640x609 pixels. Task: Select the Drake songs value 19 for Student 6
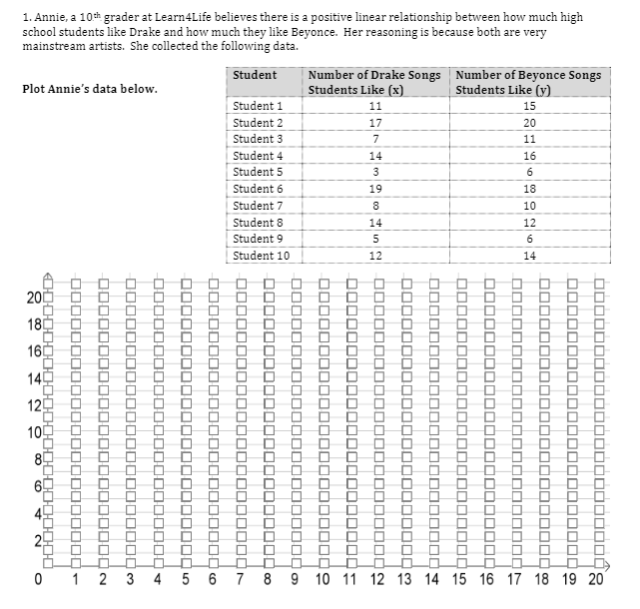(375, 189)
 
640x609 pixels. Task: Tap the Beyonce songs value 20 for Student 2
(529, 122)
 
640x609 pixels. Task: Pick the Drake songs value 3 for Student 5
(375, 172)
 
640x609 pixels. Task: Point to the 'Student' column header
(255, 75)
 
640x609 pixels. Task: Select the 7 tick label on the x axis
(240, 580)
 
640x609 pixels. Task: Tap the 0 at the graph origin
(36, 580)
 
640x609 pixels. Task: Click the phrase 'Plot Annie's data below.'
(90, 89)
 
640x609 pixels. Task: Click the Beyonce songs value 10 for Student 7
(529, 206)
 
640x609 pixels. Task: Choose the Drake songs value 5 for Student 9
(375, 239)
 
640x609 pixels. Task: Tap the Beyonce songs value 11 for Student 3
(529, 139)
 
